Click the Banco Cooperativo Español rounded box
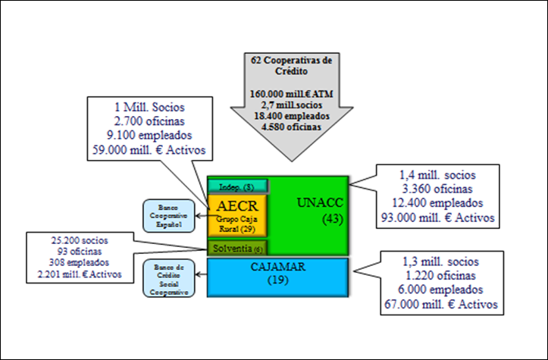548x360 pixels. point(168,215)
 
